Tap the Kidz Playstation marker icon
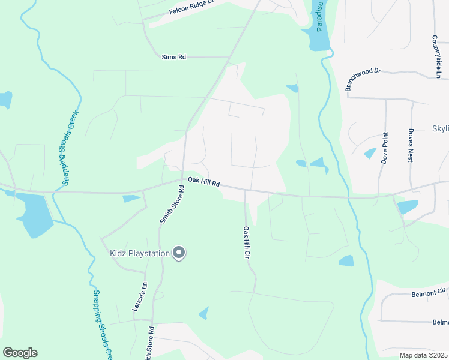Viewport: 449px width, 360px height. click(x=178, y=254)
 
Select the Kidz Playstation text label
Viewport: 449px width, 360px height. click(x=140, y=253)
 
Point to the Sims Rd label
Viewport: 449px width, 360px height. click(x=174, y=57)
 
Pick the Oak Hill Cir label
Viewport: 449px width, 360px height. click(x=246, y=242)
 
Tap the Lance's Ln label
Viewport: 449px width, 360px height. click(x=139, y=296)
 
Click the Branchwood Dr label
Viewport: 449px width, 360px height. click(x=363, y=79)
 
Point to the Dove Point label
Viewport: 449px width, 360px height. click(x=384, y=148)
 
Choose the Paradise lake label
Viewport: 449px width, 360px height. click(x=319, y=16)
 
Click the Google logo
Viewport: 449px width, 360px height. click(x=20, y=352)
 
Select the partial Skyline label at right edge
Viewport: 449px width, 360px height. click(x=440, y=129)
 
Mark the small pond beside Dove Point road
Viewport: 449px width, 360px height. click(x=370, y=153)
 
